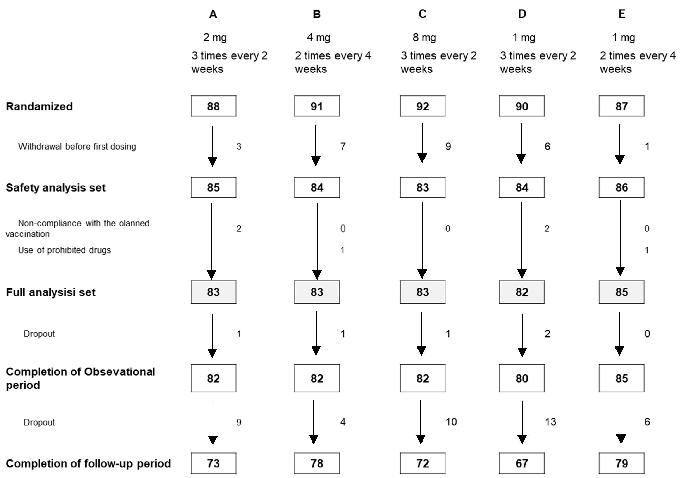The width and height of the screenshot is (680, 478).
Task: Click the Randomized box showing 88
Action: coord(213,106)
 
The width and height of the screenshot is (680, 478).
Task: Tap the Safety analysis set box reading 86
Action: coord(621,187)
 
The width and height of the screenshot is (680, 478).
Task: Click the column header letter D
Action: coord(522,14)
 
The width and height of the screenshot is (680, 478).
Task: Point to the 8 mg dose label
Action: coord(424,38)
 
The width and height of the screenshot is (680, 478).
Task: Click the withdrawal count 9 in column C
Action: coord(448,146)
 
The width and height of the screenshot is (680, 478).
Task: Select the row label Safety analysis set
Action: coord(56,188)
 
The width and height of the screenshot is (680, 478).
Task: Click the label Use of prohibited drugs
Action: coord(64,250)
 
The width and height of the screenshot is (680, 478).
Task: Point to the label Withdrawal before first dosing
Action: coord(77,146)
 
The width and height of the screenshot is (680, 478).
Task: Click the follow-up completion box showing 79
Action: coord(621,463)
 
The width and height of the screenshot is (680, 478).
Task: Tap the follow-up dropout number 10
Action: coord(451,422)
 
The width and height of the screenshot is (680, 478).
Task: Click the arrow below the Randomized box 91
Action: coord(316,145)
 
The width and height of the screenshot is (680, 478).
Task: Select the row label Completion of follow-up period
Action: coord(88,463)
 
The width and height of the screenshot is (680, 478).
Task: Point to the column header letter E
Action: coord(622,14)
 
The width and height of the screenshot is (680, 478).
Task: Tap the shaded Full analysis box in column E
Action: coord(621,292)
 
